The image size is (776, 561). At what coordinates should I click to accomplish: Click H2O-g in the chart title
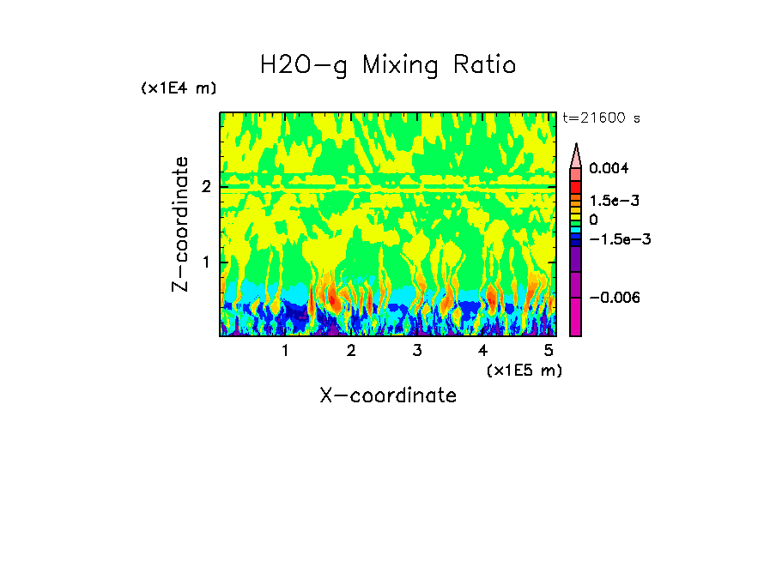coord(304,65)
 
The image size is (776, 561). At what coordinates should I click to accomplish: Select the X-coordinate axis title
coord(388,395)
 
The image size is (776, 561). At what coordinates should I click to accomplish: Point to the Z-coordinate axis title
coord(180,224)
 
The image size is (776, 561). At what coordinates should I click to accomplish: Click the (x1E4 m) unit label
coord(179,88)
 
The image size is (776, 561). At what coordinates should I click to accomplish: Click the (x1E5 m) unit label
coord(524,370)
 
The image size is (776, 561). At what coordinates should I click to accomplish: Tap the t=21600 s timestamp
coord(601,118)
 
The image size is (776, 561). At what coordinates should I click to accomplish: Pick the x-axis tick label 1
coord(285,350)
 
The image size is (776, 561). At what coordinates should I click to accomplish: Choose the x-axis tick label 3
coord(417,350)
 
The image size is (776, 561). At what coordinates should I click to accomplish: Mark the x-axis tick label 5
coord(549,350)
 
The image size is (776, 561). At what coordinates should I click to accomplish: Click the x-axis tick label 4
coord(483,350)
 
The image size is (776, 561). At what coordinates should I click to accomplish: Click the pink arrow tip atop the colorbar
coord(576,154)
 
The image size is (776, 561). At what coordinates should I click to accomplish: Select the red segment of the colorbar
coord(576,186)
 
